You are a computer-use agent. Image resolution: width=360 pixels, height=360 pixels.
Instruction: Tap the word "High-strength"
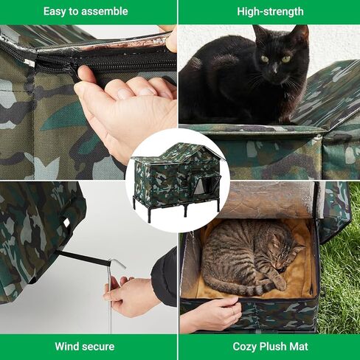(270, 12)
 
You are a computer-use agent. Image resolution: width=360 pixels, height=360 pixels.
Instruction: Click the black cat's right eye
(265, 59)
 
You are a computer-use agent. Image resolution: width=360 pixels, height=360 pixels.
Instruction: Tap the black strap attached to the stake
(83, 258)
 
